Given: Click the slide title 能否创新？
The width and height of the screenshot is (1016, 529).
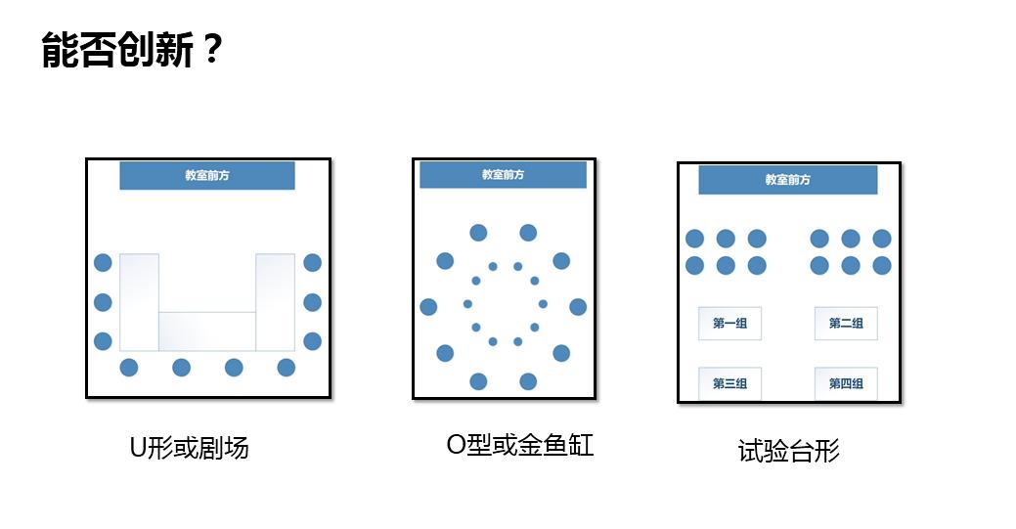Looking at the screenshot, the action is (x=132, y=49).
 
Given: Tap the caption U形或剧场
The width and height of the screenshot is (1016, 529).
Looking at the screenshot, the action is (x=189, y=448).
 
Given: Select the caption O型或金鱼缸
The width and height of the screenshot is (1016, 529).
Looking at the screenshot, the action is (x=520, y=445).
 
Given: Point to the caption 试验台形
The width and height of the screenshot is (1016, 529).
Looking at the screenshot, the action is (x=788, y=451).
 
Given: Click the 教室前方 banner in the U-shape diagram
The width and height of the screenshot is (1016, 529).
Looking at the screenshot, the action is (x=207, y=175).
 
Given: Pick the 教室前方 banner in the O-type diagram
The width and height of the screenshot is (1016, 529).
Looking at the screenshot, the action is (x=503, y=174).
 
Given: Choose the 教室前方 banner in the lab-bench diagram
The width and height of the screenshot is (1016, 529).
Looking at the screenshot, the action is (x=788, y=180).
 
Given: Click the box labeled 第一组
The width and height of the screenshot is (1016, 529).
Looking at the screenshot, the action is (x=729, y=324).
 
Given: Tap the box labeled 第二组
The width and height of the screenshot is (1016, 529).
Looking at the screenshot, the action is (x=846, y=324).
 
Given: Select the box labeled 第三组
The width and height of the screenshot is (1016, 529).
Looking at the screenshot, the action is (x=729, y=383).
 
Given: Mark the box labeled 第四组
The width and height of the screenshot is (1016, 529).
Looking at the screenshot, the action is (x=846, y=383).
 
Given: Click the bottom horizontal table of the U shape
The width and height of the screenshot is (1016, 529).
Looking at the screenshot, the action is (x=207, y=331).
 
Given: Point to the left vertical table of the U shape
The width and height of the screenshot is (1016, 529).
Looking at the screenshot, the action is (x=139, y=302).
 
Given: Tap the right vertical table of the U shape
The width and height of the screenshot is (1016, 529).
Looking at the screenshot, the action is (x=276, y=302).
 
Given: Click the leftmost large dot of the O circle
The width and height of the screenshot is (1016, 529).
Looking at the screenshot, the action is (x=428, y=307).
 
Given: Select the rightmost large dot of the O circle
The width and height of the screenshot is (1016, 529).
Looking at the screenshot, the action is (x=578, y=307).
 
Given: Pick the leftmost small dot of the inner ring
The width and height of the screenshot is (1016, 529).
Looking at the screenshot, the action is (x=467, y=303).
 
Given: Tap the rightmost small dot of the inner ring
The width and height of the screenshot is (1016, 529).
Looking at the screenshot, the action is (x=543, y=303).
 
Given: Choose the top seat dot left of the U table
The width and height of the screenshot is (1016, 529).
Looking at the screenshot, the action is (x=103, y=263).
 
